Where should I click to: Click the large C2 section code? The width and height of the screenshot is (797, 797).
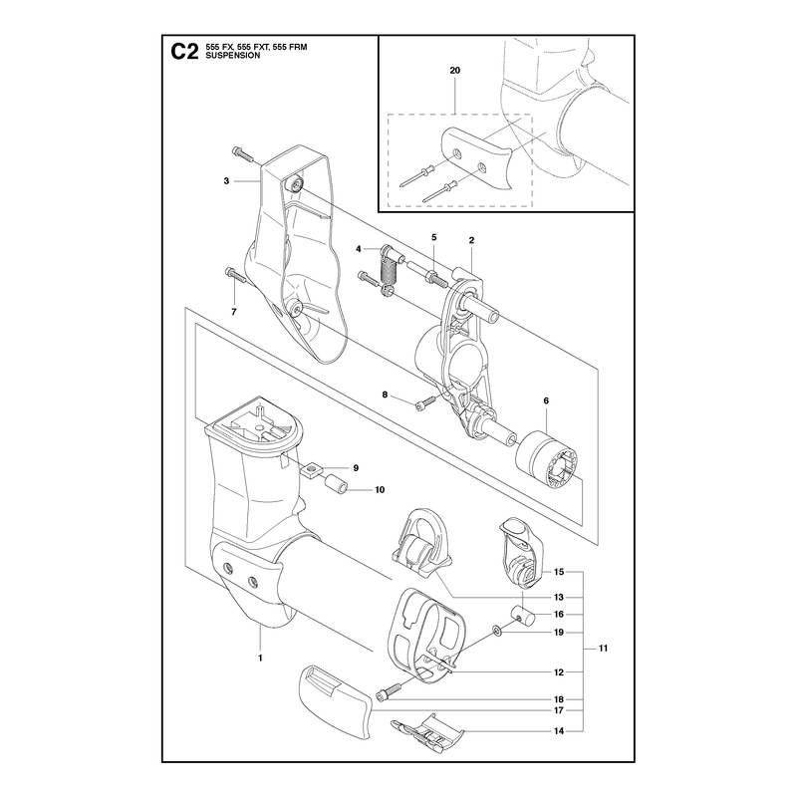pos(184,52)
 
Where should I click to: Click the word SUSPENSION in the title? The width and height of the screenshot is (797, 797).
pos(233,56)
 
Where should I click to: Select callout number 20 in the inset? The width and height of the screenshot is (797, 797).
pos(455,70)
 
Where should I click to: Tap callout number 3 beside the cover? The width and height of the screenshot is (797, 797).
pos(226,181)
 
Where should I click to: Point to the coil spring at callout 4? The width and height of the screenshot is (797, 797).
pos(389,276)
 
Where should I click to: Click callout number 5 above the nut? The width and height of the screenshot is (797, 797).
pos(434,237)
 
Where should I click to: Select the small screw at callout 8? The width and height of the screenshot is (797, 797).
pos(426,401)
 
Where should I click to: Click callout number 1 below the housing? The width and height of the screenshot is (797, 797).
pos(260,658)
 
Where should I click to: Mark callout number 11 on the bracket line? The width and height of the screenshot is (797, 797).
pos(604,649)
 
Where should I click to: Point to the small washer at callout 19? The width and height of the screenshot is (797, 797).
pos(495,632)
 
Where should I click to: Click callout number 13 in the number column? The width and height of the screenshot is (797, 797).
pos(559,597)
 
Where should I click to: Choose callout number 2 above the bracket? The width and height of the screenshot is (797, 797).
pos(471,240)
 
